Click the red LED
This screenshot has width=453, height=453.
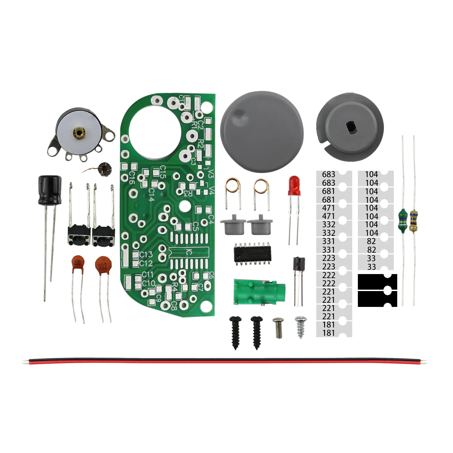click(x=294, y=185)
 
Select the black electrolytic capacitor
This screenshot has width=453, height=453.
click(x=50, y=190)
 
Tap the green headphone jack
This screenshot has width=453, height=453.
click(x=258, y=291)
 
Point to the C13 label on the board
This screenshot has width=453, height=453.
click(x=146, y=254)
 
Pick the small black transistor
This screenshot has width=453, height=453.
click(x=299, y=264)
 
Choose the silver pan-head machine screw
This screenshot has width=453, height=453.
click(x=278, y=327)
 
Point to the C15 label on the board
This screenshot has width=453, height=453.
click(x=163, y=172)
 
